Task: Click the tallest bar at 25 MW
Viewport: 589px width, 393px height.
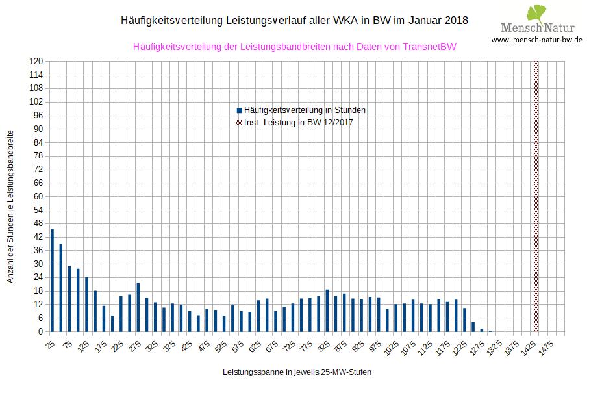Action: [52, 280]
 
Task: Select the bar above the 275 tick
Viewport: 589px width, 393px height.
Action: [138, 307]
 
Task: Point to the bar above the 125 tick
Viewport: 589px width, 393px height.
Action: [86, 304]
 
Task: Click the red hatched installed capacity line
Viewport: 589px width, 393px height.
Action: [536, 195]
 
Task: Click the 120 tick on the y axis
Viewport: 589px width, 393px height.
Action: [36, 61]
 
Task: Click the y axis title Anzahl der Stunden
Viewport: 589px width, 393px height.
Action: [10, 205]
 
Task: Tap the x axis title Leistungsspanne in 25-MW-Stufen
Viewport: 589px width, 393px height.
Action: [297, 372]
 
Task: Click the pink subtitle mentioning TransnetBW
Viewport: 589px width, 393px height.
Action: [294, 47]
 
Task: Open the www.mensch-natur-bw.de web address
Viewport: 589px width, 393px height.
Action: [536, 40]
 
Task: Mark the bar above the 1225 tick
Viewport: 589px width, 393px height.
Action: [464, 319]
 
